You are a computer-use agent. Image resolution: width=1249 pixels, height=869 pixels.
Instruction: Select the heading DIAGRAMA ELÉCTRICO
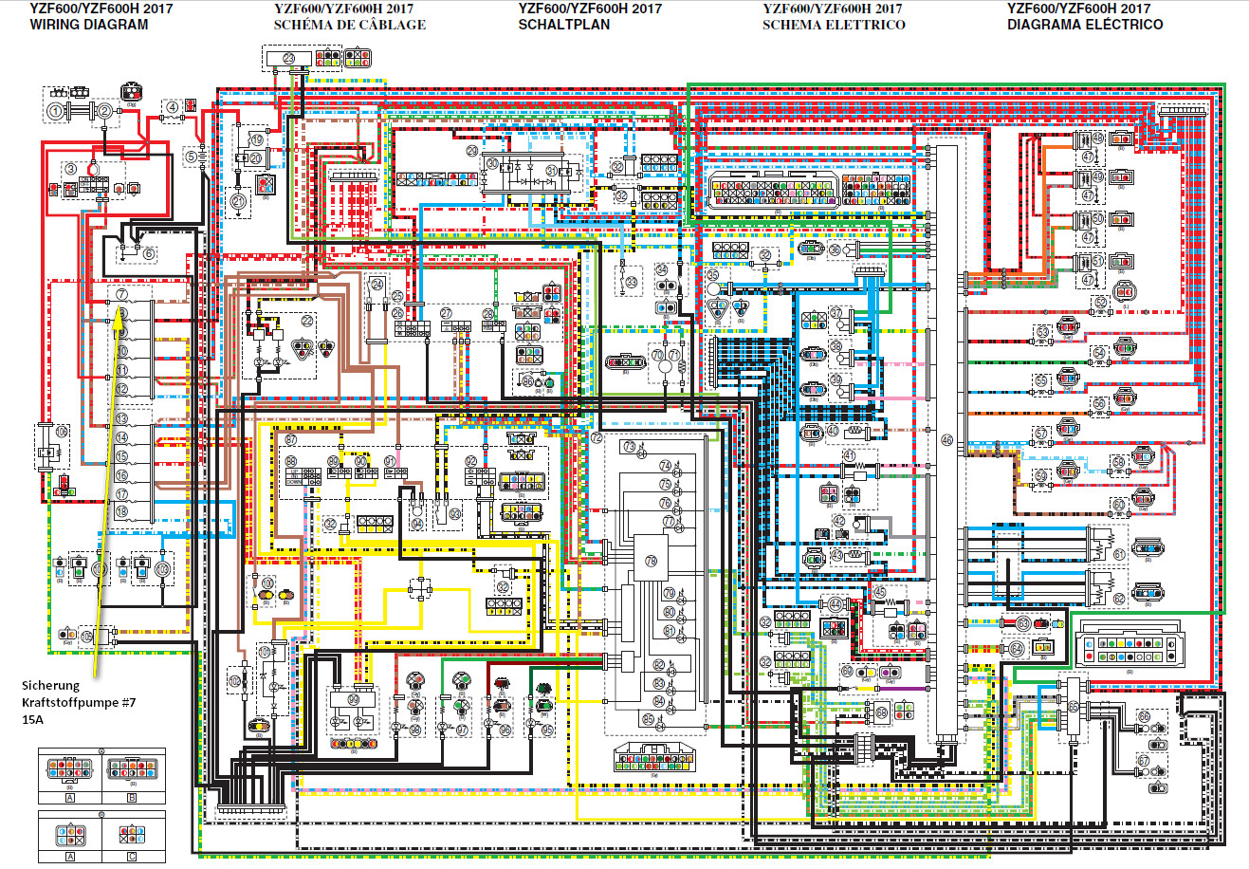pos(1085,25)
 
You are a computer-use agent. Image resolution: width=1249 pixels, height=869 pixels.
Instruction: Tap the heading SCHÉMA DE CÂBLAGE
pos(349,25)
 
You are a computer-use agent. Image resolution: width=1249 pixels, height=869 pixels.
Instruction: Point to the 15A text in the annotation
pos(33,720)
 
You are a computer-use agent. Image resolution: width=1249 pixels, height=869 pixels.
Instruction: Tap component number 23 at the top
pos(288,59)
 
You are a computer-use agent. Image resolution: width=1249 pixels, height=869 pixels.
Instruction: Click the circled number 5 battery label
pos(191,157)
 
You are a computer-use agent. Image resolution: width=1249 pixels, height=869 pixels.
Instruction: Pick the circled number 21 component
pos(238,201)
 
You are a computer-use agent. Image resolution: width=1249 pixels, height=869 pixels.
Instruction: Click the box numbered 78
pos(650,561)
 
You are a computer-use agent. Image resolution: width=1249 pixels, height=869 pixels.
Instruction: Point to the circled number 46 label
pos(946,439)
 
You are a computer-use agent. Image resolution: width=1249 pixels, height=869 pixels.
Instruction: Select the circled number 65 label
pos(1073,708)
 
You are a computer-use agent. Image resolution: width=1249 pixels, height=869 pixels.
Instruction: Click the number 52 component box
pos(504,588)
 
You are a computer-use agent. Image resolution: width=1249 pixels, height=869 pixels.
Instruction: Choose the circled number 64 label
pos(1016,649)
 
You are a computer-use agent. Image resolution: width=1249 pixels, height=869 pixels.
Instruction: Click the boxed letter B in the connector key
pos(132,798)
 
